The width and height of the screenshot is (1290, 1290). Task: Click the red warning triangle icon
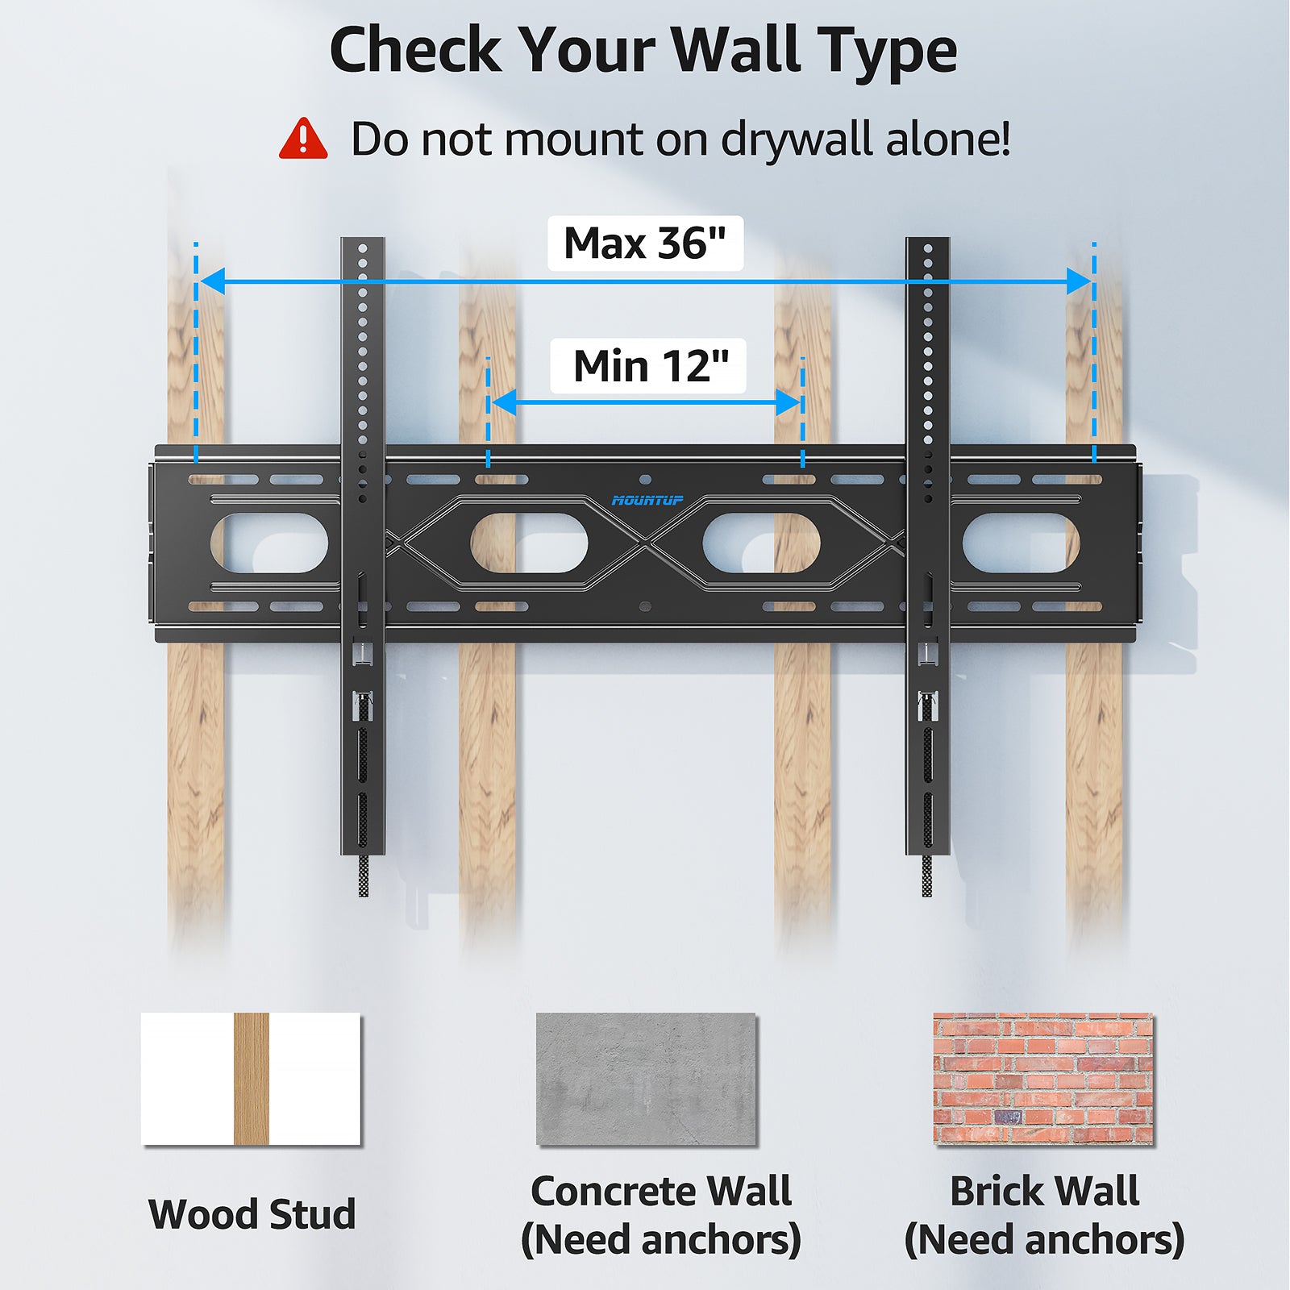click(x=303, y=139)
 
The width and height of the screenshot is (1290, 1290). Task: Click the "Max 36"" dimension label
click(x=645, y=243)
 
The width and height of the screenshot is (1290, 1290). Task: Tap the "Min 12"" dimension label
click(x=650, y=366)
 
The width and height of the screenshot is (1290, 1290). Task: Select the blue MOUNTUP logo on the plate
click(x=647, y=501)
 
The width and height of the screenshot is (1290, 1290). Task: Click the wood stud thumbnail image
click(x=251, y=1078)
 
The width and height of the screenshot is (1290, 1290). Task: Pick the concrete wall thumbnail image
click(x=646, y=1078)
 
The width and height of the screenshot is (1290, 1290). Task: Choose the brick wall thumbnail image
click(x=1043, y=1078)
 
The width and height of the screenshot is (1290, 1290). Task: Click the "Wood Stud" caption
click(x=252, y=1214)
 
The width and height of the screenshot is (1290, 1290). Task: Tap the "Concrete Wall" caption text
click(x=661, y=1191)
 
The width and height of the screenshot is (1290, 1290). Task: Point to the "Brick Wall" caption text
click(x=1044, y=1191)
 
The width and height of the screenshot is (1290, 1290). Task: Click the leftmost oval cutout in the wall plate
click(x=269, y=543)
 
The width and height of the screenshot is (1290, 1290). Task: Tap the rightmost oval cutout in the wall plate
click(x=1021, y=543)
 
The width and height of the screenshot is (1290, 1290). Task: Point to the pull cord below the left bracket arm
click(x=364, y=876)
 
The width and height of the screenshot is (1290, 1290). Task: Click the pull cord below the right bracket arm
click(x=927, y=876)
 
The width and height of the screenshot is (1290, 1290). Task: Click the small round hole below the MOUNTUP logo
click(x=644, y=605)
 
